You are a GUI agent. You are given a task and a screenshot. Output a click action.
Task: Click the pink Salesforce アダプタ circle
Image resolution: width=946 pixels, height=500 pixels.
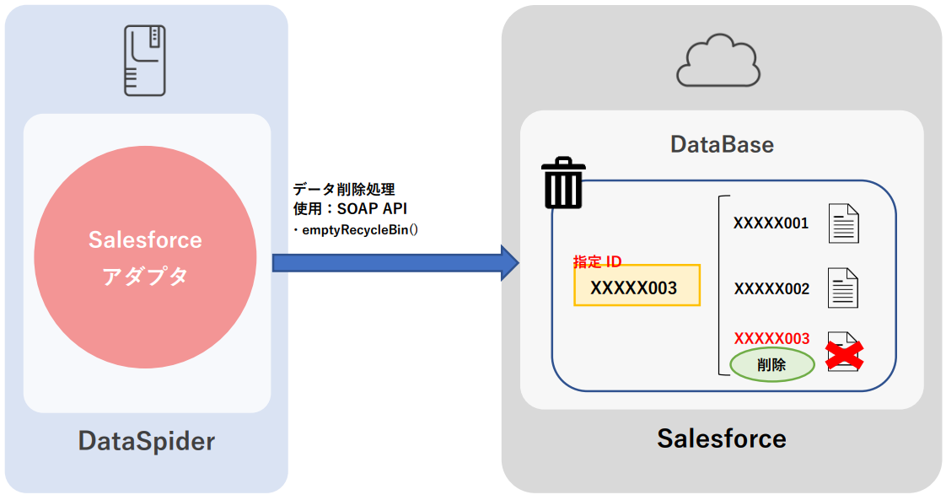145,257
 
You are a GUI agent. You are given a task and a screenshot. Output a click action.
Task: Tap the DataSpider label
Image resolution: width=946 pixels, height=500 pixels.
147,440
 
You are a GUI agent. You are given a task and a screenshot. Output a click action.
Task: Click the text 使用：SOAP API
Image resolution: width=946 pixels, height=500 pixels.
350,208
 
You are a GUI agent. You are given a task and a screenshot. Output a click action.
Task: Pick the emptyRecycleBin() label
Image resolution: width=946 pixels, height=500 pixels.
357,228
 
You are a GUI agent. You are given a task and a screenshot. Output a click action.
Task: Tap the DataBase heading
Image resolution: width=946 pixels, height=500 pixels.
722,144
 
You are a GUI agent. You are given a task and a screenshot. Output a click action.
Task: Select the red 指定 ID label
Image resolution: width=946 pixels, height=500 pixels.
597,262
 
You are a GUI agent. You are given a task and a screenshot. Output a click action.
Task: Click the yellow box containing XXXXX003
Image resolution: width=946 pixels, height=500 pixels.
637,287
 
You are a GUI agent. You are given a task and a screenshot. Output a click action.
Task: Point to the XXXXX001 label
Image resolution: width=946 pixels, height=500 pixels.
771,223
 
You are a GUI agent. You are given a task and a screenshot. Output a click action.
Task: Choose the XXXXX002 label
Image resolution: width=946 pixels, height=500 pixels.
771,289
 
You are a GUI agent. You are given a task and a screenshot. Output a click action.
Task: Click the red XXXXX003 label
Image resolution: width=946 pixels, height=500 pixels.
771,339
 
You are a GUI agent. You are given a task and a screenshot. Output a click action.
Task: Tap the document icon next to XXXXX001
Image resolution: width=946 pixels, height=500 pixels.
843,223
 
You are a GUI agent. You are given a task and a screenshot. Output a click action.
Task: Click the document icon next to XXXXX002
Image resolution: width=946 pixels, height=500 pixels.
843,288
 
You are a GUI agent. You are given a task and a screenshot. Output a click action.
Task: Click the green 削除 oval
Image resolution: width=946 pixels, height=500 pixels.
771,365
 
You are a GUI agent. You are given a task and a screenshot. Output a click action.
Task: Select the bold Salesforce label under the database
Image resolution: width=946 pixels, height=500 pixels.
721,438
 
